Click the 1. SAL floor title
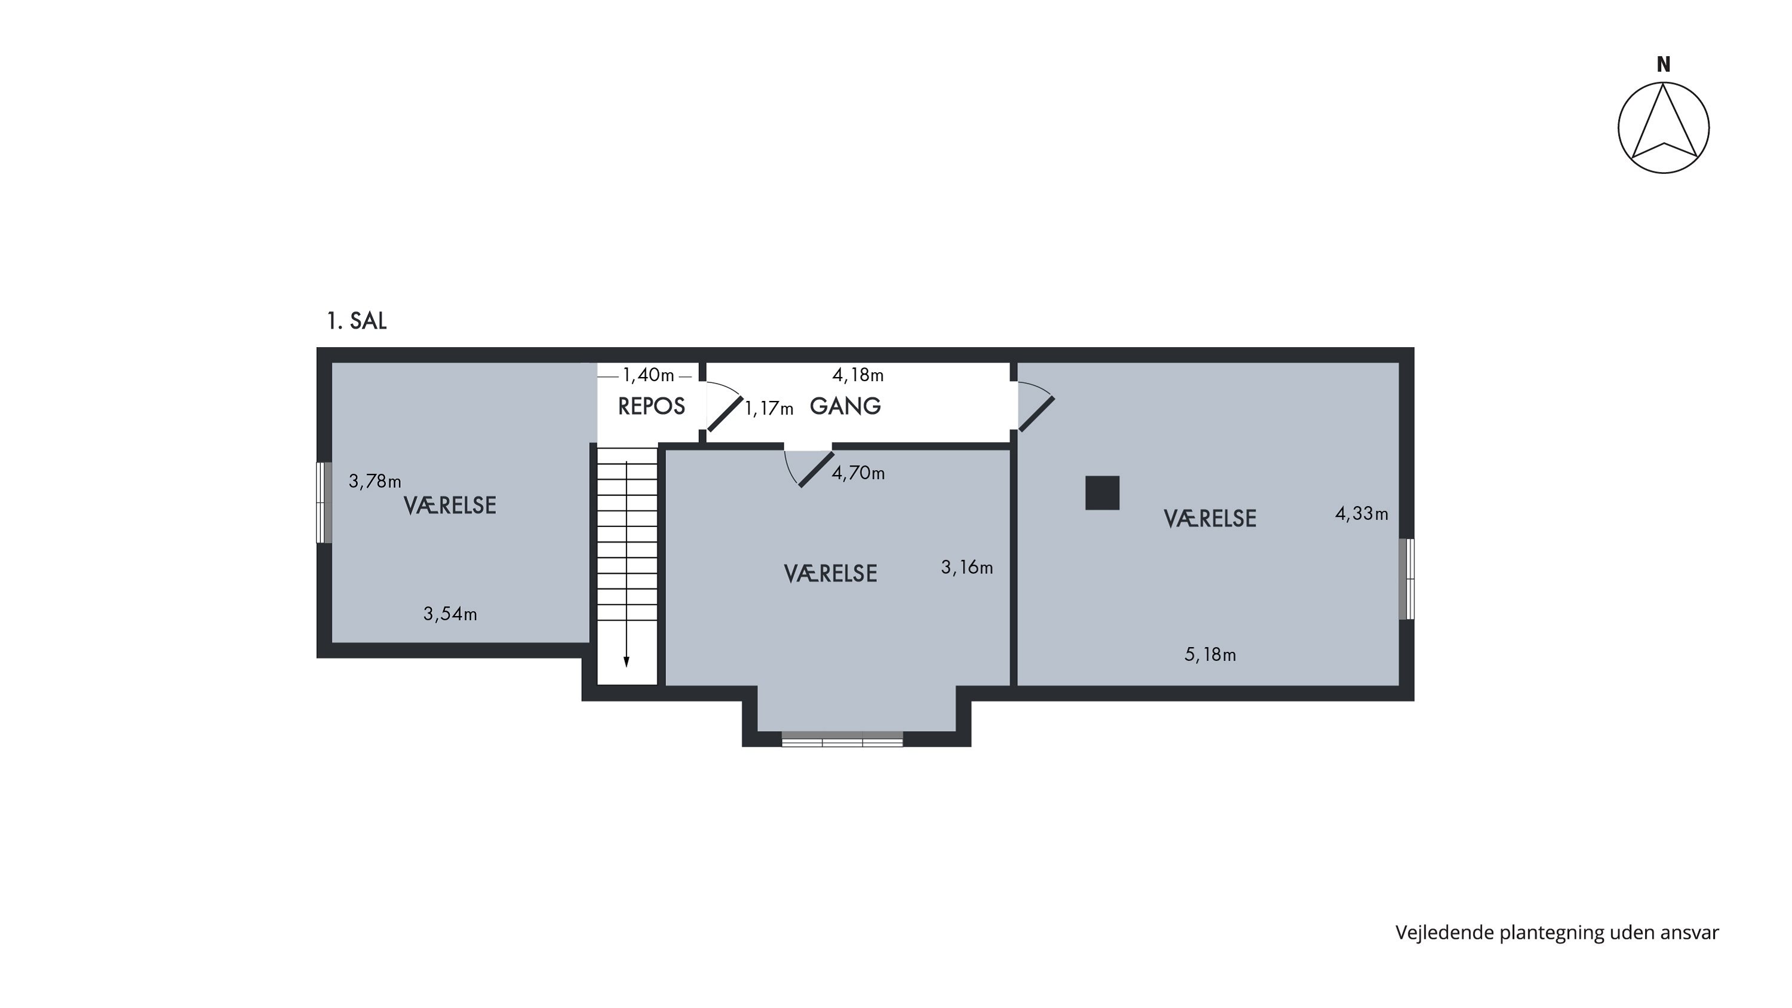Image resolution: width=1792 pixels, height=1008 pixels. point(356,321)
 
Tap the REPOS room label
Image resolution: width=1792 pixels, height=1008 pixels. point(651,406)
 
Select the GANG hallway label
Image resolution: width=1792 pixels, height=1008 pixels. point(845,406)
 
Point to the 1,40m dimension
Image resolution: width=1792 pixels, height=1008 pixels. point(648,376)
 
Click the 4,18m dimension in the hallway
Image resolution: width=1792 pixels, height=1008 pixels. point(858,376)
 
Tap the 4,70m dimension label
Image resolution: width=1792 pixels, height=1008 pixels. point(858,474)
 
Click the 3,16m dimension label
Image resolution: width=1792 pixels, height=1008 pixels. point(967,568)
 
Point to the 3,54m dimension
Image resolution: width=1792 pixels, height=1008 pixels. point(450,614)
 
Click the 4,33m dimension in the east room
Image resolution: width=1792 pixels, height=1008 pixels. point(1361,514)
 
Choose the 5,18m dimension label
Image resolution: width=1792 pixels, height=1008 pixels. point(1210,655)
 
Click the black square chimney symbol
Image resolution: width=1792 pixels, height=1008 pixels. point(1103,493)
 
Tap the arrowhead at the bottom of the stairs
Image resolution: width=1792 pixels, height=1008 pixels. point(626,661)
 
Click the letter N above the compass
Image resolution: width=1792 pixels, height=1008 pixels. point(1664,65)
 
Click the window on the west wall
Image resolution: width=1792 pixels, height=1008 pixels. point(324,503)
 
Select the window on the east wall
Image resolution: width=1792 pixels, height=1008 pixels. point(1407,579)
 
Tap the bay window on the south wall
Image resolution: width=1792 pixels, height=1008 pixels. point(842,740)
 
